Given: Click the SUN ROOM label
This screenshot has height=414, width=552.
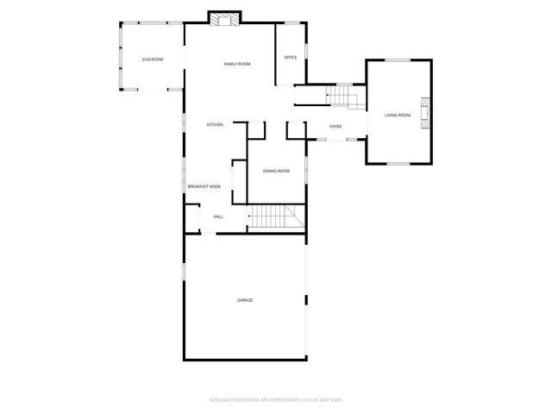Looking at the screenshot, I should pyautogui.click(x=153, y=59).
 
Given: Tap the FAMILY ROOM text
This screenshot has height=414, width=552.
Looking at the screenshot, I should pyautogui.click(x=236, y=64).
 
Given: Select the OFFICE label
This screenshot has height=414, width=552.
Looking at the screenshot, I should pyautogui.click(x=291, y=58).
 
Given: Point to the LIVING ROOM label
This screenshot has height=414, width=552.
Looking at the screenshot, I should pyautogui.click(x=398, y=115).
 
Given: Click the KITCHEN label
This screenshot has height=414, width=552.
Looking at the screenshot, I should pyautogui.click(x=215, y=125).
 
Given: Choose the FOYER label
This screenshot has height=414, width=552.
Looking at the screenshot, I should pyautogui.click(x=336, y=127).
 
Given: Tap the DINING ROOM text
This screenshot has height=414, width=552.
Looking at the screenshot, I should pyautogui.click(x=277, y=171).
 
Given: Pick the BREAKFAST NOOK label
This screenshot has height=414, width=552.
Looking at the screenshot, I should pyautogui.click(x=204, y=186).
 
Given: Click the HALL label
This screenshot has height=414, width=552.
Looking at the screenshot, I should pyautogui.click(x=218, y=216).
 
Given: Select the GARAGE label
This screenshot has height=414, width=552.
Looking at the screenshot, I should pyautogui.click(x=246, y=299).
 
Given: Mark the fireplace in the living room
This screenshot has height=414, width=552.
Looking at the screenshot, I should pyautogui.click(x=423, y=112).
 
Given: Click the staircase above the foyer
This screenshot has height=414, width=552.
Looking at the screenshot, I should pyautogui.click(x=346, y=97).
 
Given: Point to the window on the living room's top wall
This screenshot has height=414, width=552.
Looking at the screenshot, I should pyautogui.click(x=397, y=60).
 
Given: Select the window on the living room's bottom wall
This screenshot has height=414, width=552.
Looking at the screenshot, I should pyautogui.click(x=398, y=163).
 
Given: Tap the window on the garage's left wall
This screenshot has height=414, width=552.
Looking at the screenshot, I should pyautogui.click(x=183, y=272).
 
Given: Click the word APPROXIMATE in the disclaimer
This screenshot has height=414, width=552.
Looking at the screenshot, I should pyautogui.click(x=274, y=399).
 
